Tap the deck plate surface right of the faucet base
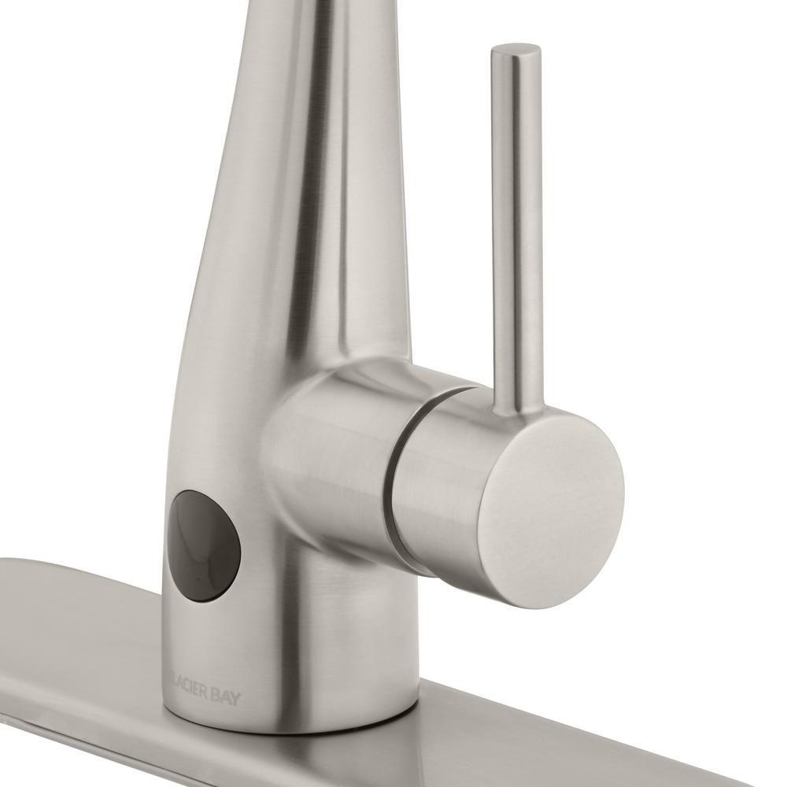tap(551, 693)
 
